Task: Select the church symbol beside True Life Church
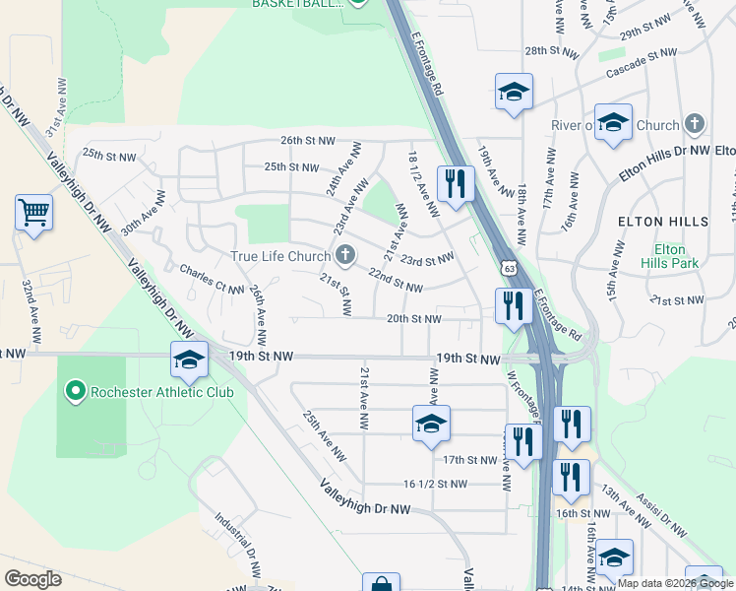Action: (x=344, y=257)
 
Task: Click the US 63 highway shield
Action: (x=507, y=267)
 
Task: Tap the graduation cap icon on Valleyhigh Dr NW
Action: (x=189, y=361)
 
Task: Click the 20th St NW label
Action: (x=412, y=319)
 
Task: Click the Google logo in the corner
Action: (x=32, y=579)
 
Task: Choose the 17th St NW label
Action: (x=469, y=460)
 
